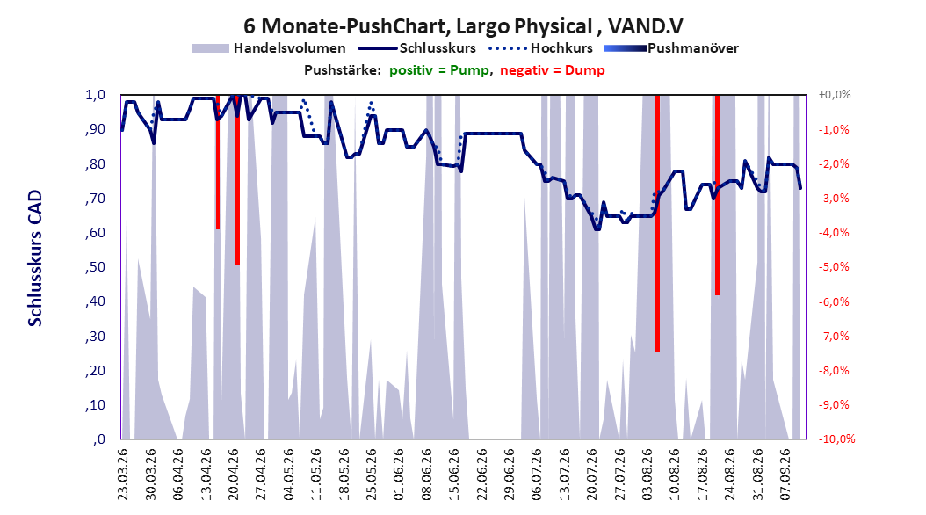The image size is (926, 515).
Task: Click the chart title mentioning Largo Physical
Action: pos(463,26)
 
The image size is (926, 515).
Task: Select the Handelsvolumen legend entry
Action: pos(269,48)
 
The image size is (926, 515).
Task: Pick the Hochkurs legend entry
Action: pos(540,48)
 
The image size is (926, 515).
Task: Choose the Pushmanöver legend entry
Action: pos(671,48)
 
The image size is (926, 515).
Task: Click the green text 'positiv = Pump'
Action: pos(438,70)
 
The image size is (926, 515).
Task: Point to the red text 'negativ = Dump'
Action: pos(553,70)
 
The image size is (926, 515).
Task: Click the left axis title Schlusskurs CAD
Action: pos(35,258)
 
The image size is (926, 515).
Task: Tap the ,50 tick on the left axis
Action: pos(95,267)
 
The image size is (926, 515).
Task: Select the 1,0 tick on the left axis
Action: pos(95,95)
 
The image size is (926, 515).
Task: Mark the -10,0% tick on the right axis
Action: pos(836,439)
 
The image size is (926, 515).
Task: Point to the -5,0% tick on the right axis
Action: pos(834,267)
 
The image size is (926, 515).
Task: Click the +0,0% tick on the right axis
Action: pos(835,95)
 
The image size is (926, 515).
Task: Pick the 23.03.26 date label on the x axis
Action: pos(122,475)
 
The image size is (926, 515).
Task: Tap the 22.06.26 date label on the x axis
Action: pos(481,475)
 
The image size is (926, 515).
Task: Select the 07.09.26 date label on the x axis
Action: pos(785,475)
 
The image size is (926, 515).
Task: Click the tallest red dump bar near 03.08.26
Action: pos(657,223)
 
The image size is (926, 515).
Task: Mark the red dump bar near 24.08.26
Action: pos(717,195)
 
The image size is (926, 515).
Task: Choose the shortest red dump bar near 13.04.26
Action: pos(217,162)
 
